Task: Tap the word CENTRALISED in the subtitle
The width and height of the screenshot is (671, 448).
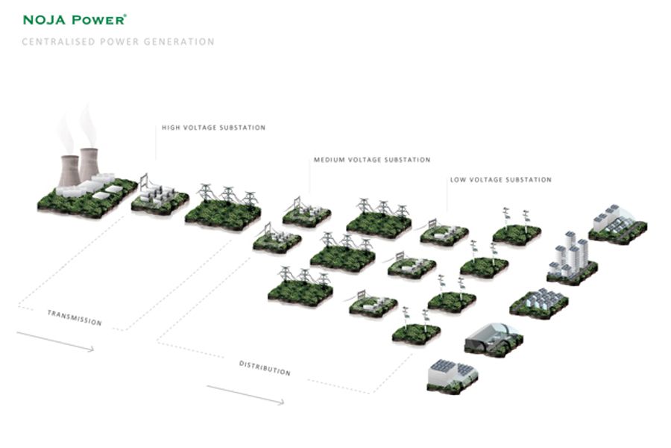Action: coord(55,42)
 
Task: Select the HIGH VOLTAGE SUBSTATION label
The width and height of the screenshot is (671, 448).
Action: coord(213,128)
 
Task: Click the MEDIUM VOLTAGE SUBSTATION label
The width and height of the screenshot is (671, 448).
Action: coord(372,160)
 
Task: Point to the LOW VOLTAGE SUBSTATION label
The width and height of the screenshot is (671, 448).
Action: coord(500,180)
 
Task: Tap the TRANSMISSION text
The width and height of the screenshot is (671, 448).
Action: coord(75,317)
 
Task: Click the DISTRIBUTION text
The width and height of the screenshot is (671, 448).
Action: coord(265,367)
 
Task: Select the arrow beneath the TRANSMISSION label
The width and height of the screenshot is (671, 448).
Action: coord(55,342)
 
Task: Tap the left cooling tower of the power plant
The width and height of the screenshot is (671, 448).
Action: coord(69,169)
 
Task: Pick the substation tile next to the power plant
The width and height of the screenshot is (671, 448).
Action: coord(160,196)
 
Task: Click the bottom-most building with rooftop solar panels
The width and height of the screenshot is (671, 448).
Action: coord(452,374)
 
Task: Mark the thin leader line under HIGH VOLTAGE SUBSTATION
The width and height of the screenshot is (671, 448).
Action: coord(156,146)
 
